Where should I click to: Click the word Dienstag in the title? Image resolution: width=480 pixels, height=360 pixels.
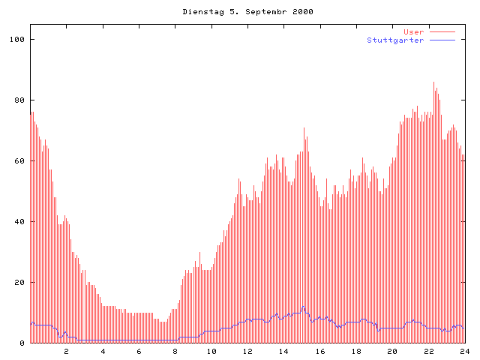pyautogui.click(x=199, y=12)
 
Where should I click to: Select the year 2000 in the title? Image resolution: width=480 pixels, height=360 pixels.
pyautogui.click(x=302, y=12)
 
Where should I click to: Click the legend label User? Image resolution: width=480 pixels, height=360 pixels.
pyautogui.click(x=413, y=32)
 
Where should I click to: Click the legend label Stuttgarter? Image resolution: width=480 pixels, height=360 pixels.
pyautogui.click(x=395, y=40)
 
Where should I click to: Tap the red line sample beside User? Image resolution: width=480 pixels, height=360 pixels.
pyautogui.click(x=442, y=32)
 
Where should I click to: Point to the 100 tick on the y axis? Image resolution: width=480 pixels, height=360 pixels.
pyautogui.click(x=18, y=39)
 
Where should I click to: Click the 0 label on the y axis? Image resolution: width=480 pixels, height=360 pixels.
pyautogui.click(x=22, y=343)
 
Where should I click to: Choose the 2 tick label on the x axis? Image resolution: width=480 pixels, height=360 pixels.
pyautogui.click(x=66, y=351)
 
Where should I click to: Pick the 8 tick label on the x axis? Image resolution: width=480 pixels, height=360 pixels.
pyautogui.click(x=175, y=351)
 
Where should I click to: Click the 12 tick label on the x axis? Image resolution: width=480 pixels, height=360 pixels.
pyautogui.click(x=247, y=351)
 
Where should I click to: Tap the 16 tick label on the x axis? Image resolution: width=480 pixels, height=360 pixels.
pyautogui.click(x=320, y=351)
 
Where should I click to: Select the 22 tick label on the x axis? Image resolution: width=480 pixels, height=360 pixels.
pyautogui.click(x=429, y=351)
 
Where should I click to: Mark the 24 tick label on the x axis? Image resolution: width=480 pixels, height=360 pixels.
pyautogui.click(x=465, y=351)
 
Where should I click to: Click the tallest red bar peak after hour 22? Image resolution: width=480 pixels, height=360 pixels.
pyautogui.click(x=433, y=83)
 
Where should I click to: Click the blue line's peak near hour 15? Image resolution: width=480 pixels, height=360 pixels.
pyautogui.click(x=303, y=307)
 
